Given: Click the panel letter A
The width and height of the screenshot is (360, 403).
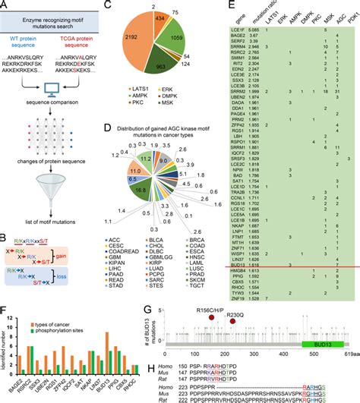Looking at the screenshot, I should coord(5,7).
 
